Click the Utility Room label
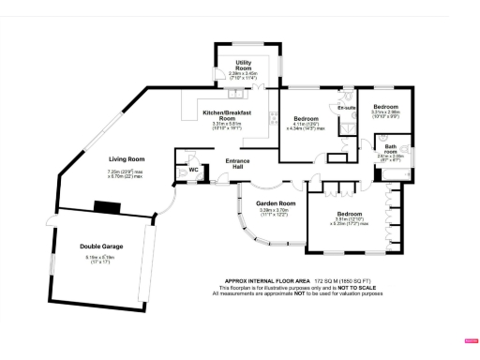243,66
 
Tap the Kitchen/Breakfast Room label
226,115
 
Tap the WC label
194,170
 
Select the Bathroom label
390,147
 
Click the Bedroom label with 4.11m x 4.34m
305,119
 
